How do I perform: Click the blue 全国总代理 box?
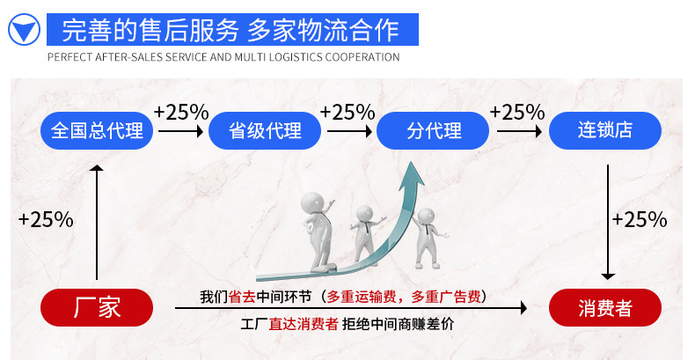[97, 131]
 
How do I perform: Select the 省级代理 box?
[265, 131]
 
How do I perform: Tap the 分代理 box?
[433, 131]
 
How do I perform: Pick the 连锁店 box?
[605, 131]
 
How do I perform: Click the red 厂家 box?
[97, 308]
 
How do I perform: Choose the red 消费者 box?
[605, 308]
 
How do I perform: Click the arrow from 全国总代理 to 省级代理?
[181, 131]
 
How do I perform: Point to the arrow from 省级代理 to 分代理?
[350, 131]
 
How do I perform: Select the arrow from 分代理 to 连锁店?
[519, 131]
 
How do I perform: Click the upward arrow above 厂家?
[97, 222]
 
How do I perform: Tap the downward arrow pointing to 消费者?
[608, 222]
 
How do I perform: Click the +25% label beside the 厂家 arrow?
[46, 219]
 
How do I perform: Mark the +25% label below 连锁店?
[640, 219]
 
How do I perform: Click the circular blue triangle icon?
[24, 29]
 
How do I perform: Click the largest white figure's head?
[313, 203]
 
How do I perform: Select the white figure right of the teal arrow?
[428, 238]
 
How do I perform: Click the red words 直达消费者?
[304, 324]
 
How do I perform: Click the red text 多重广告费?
[446, 297]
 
